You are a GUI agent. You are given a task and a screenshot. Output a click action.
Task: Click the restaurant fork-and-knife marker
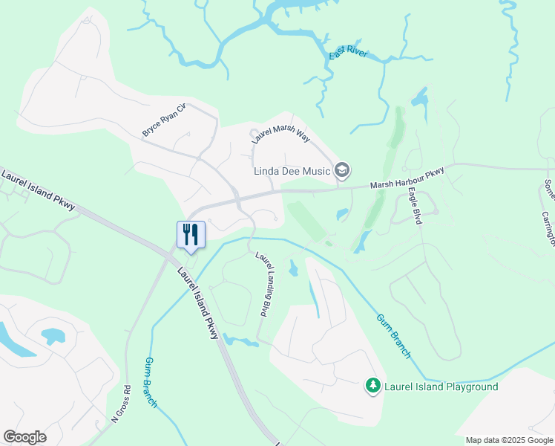click(x=191, y=235)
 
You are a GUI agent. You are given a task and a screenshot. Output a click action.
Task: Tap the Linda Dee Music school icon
click(x=342, y=171)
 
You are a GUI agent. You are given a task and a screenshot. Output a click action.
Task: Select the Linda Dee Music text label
click(x=292, y=171)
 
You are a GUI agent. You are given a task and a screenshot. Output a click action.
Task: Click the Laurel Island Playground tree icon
click(x=372, y=386)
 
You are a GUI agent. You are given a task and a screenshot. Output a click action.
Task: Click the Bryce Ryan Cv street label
click(x=162, y=121)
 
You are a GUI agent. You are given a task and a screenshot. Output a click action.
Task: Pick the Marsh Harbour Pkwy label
click(x=409, y=178)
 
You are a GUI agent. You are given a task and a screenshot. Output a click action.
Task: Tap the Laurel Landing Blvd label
click(x=263, y=285)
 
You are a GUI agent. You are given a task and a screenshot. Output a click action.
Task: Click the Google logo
click(x=24, y=437)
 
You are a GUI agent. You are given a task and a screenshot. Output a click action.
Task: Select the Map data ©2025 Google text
click(x=509, y=440)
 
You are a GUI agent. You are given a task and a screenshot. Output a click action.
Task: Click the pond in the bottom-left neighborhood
click(x=53, y=336)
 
